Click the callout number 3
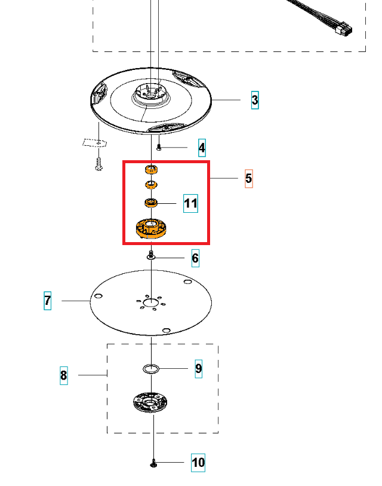[x=255, y=100]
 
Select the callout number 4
[x=202, y=148]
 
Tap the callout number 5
[x=249, y=178]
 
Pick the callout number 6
[x=195, y=258]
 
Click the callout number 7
[x=48, y=300]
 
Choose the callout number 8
[x=64, y=375]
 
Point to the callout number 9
[x=199, y=368]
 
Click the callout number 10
[x=198, y=462]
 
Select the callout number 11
[x=190, y=203]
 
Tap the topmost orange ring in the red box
[x=152, y=170]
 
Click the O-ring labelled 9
[x=152, y=368]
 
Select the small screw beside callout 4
[x=159, y=147]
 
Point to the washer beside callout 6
[x=151, y=256]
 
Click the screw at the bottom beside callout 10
[x=154, y=463]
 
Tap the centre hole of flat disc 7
[x=152, y=302]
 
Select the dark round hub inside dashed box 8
[x=150, y=402]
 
